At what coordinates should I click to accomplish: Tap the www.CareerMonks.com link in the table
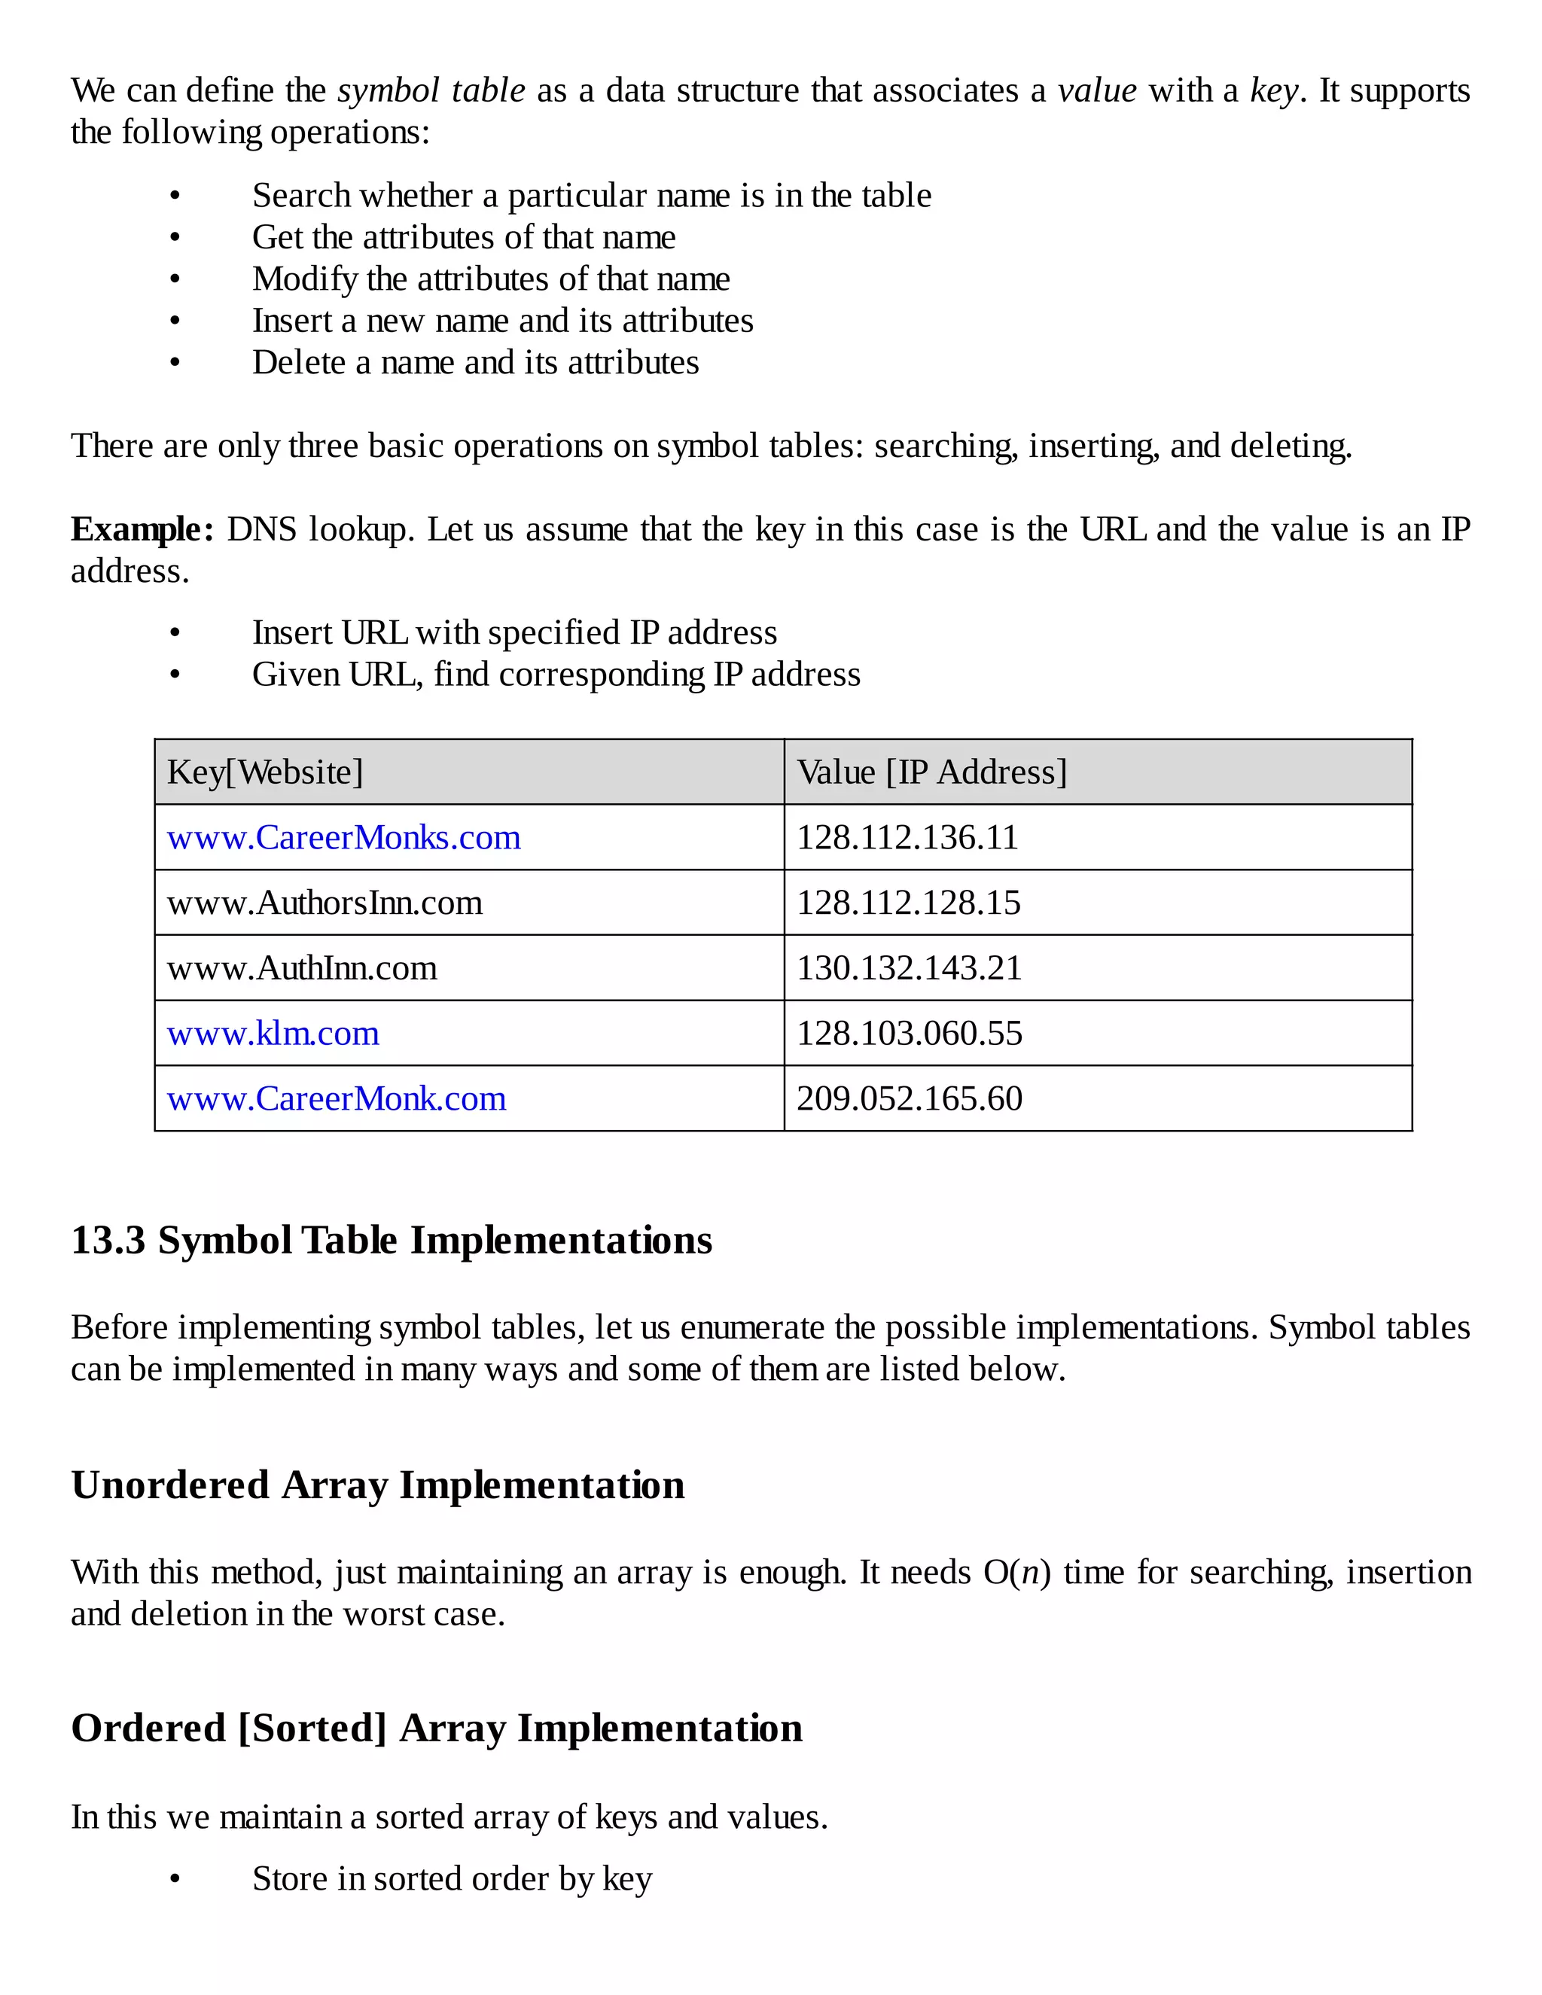click(x=343, y=838)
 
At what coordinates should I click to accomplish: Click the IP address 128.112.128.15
click(x=908, y=903)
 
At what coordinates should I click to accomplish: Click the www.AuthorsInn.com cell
click(x=325, y=903)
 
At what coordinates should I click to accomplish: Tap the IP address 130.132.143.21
click(x=909, y=968)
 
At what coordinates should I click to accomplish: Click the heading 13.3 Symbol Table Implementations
click(x=391, y=1241)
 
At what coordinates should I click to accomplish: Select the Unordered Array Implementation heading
click(x=377, y=1485)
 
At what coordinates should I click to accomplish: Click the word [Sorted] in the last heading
click(x=312, y=1728)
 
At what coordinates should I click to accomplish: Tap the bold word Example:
click(x=142, y=529)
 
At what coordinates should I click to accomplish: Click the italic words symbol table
click(x=431, y=90)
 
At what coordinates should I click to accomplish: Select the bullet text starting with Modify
click(x=491, y=279)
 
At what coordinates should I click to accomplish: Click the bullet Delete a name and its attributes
click(x=475, y=363)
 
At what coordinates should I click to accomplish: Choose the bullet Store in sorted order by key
click(x=453, y=1879)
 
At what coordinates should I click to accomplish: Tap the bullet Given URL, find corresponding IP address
click(x=556, y=674)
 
